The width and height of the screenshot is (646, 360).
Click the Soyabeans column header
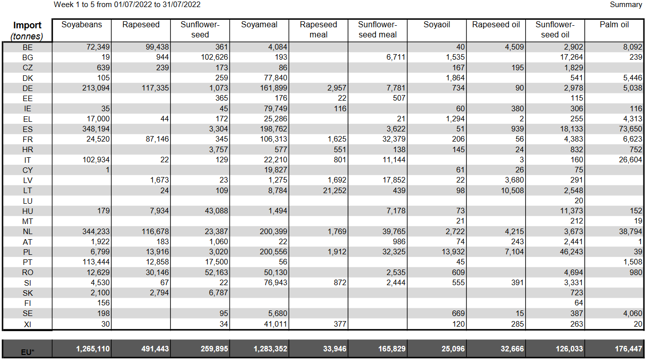click(x=81, y=25)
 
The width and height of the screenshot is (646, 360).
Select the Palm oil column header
click(x=614, y=25)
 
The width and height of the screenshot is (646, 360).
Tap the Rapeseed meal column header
click(x=318, y=30)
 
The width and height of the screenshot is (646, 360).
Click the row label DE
click(x=27, y=88)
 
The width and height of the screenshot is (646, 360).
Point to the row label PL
click(x=27, y=252)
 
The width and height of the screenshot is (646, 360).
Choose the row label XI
click(x=27, y=324)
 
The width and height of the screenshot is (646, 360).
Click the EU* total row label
click(x=27, y=351)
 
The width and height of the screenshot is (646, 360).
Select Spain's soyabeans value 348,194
click(x=93, y=129)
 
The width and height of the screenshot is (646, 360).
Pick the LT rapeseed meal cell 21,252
click(x=332, y=191)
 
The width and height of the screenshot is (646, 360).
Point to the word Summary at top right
click(x=626, y=5)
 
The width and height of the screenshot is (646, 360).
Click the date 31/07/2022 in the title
click(x=181, y=5)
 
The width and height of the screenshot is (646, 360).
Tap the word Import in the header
click(x=27, y=25)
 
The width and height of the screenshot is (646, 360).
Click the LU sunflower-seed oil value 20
click(x=578, y=201)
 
